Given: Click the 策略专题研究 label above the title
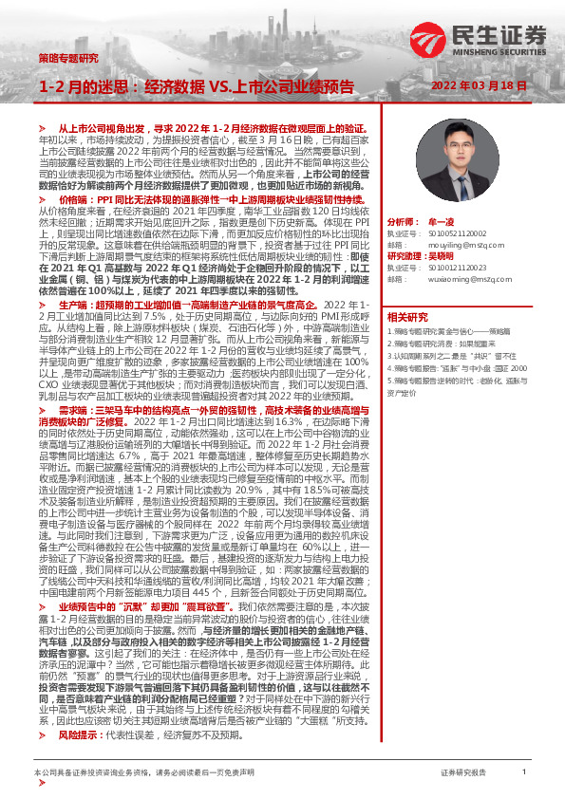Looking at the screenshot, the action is pos(68,58).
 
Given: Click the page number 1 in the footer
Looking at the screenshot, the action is pos(524,772).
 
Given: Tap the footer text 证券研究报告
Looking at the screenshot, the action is pos(463,773).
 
